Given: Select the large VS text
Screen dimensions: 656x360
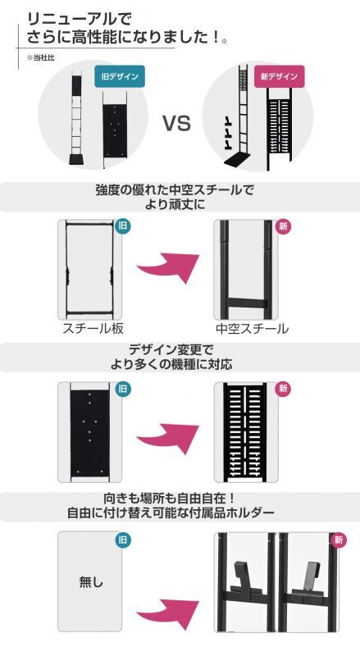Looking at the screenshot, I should click(x=177, y=125).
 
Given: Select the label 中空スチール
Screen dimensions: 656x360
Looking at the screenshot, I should click(x=252, y=329).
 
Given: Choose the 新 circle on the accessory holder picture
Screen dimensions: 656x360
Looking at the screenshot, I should click(x=338, y=540).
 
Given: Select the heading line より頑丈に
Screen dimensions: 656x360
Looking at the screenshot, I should click(x=179, y=203).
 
